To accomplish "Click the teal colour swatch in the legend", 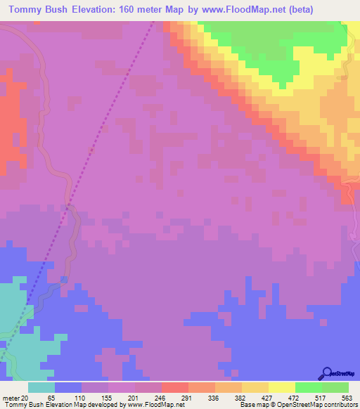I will (41, 387).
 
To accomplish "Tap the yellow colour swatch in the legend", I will (281, 387).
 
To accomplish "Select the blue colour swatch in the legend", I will (68, 387).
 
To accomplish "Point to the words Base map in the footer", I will (252, 405).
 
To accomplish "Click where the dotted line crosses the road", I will (68, 206).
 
